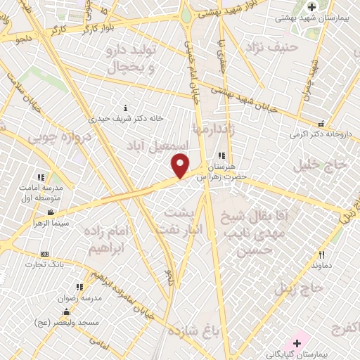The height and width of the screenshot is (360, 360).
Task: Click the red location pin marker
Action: (181, 166)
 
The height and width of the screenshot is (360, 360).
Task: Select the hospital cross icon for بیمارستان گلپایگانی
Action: (297, 343)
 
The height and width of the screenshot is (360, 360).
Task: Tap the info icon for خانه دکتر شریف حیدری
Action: (126, 108)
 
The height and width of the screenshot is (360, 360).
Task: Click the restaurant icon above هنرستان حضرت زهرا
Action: (221, 155)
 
